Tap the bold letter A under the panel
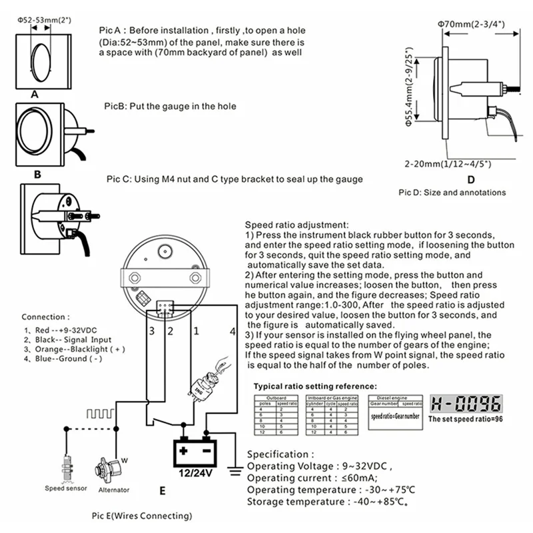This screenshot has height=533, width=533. click(x=33, y=95)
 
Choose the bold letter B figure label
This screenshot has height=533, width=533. click(x=37, y=175)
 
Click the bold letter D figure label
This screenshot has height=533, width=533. click(x=470, y=179)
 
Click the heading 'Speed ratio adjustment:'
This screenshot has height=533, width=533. click(x=296, y=225)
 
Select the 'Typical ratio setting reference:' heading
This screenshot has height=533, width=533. click(x=316, y=386)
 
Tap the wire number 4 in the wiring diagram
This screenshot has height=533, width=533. click(x=232, y=330)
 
